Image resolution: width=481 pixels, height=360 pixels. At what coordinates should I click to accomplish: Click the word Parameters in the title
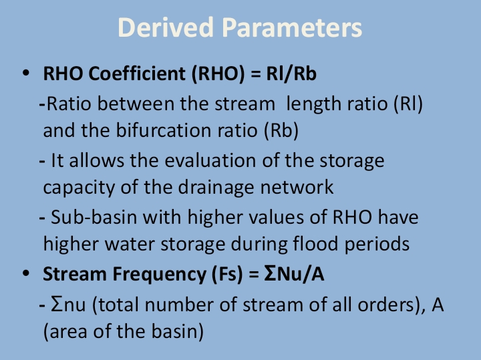point(292,28)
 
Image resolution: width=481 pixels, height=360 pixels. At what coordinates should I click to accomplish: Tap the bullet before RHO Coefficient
point(26,73)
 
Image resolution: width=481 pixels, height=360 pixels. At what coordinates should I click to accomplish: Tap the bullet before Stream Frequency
point(26,273)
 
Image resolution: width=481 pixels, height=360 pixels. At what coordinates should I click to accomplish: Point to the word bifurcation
point(178,130)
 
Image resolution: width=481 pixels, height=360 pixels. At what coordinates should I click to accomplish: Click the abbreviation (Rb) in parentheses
point(283,130)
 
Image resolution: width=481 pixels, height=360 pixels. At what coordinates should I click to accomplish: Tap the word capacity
point(77,186)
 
